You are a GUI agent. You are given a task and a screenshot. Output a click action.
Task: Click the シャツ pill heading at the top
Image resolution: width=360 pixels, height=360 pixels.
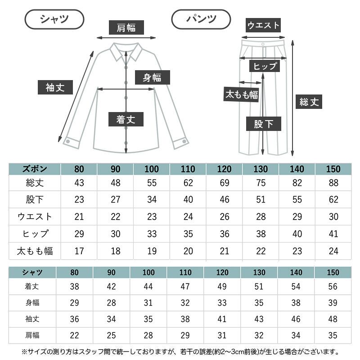point(54,19)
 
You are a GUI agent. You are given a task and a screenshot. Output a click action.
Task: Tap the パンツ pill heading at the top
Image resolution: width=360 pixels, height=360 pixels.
point(201,19)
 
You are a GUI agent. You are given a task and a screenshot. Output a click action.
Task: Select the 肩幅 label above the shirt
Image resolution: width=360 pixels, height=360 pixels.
point(126,28)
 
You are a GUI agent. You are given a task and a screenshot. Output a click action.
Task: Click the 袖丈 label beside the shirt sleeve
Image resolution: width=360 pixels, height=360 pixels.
point(55,87)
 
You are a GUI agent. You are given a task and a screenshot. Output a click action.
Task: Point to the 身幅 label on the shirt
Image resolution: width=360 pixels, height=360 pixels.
point(152,77)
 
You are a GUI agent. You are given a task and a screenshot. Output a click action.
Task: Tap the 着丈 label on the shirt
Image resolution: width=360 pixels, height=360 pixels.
point(126,119)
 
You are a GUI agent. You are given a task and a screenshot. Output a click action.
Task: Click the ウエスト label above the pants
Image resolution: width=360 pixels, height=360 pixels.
point(264,25)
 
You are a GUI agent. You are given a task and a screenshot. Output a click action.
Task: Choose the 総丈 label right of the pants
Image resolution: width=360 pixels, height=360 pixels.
point(309,102)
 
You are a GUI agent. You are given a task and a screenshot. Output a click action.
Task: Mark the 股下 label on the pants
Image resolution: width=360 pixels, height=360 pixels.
point(264,124)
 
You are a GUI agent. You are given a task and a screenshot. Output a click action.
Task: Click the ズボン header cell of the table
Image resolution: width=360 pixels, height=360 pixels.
point(35,169)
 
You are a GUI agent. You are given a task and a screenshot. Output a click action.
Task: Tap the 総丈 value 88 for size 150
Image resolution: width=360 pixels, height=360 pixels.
point(333,183)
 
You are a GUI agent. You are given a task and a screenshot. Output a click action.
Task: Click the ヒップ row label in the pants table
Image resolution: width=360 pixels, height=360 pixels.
point(35,234)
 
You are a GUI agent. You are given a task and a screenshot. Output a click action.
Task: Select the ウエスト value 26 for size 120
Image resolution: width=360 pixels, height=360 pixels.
point(224,217)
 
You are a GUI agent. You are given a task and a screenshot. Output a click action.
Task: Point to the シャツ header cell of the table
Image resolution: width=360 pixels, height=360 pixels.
point(32,272)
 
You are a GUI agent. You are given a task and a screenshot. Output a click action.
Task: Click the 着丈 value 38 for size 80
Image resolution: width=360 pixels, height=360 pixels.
point(75,287)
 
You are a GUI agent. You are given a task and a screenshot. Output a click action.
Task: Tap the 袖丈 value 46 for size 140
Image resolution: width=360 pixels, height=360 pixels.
point(296,319)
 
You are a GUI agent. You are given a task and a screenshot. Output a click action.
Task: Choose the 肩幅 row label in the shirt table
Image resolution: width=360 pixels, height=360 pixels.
point(32,335)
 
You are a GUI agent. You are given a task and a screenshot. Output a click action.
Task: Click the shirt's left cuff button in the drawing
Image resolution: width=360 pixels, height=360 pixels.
point(67,141)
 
